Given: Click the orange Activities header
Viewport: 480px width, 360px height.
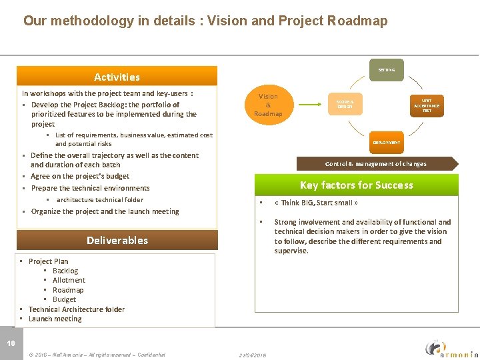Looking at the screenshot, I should coord(117,77).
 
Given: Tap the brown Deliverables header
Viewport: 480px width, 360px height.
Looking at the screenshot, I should coord(117,240).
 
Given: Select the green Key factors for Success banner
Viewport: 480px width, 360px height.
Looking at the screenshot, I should coord(356,185).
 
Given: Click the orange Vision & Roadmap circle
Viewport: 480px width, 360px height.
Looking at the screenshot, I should coord(268,105).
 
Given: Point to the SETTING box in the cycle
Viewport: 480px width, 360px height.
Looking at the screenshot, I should coord(387,70).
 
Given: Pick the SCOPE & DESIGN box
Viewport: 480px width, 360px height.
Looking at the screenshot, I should coord(345,104).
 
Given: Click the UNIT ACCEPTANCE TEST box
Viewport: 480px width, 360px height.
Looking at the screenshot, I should coord(427,105).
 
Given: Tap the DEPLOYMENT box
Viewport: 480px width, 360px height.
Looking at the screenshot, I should coord(387,142).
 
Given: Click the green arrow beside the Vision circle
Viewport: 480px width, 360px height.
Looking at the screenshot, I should coord(311,105).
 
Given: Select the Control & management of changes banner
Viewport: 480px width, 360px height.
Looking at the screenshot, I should coord(376,163).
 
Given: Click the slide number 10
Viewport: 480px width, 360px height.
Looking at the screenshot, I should coord(11,343).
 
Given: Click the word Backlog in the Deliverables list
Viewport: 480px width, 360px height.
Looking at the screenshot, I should coord(65,271).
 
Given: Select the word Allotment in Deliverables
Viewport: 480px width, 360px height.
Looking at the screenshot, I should coord(69,280).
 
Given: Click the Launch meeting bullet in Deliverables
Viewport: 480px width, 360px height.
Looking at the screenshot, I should coord(55,319).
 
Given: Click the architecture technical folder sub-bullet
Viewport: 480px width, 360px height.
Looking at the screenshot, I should coord(99,199).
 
